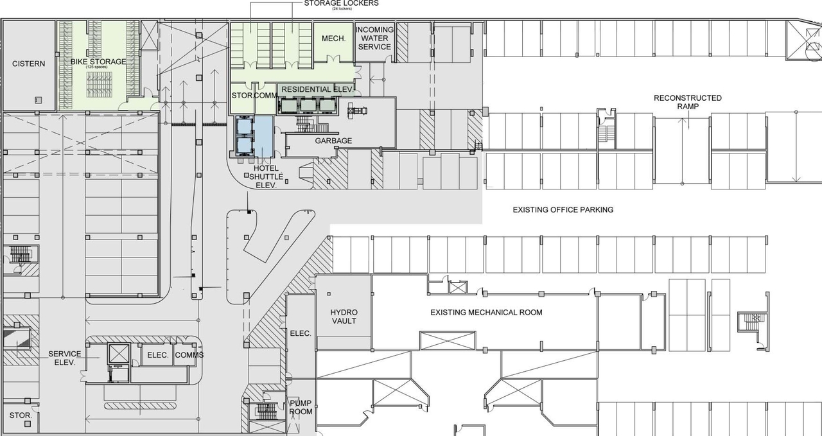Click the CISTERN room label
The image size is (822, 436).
tap(29, 64)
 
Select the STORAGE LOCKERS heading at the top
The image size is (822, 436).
tap(340, 4)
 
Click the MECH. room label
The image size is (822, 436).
tap(333, 39)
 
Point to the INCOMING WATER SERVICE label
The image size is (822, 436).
tap(374, 39)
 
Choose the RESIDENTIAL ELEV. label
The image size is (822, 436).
tap(317, 89)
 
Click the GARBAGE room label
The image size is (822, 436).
tap(333, 141)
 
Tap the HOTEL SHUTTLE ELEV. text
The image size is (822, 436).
tap(261, 176)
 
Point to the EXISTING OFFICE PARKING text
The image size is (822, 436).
tap(563, 210)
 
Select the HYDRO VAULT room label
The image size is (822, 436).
tap(344, 317)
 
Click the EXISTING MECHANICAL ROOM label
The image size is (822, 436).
tap(486, 313)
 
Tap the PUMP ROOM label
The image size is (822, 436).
tap(301, 407)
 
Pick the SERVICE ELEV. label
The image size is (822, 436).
tap(64, 358)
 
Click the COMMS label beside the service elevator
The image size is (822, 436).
tap(189, 355)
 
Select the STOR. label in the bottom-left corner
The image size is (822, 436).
tap(21, 415)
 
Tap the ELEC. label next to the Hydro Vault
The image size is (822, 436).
tap(301, 333)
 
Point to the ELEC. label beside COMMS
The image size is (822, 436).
tap(157, 355)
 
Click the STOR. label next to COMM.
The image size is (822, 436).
tap(242, 95)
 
